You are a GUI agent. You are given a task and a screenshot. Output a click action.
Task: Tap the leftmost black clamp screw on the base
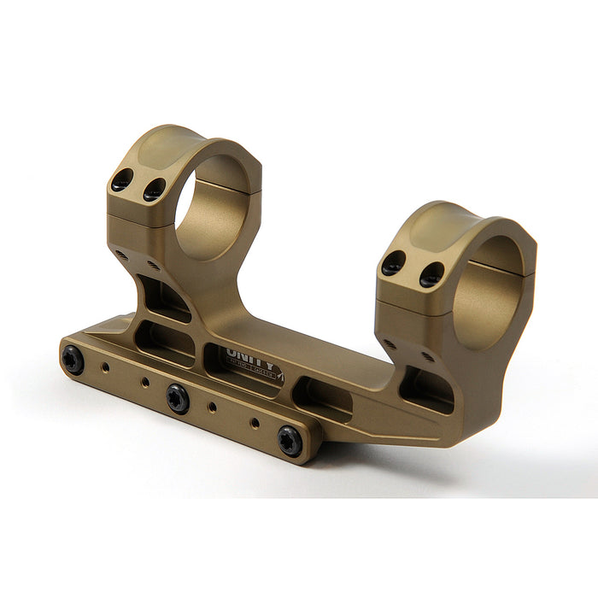click(73, 360)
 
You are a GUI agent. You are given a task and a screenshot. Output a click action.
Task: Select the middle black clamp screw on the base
click(178, 398)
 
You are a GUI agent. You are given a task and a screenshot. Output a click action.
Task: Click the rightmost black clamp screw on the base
click(290, 441)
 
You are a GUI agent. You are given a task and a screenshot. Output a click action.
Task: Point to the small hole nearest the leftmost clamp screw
click(106, 369)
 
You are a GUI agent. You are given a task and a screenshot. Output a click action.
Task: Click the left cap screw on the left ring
click(123, 180)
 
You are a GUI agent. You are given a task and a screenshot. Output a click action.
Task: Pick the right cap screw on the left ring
click(155, 189)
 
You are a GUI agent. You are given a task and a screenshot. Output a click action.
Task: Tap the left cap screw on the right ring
click(394, 264)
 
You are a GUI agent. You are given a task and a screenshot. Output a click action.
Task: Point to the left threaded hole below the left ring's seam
click(120, 253)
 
